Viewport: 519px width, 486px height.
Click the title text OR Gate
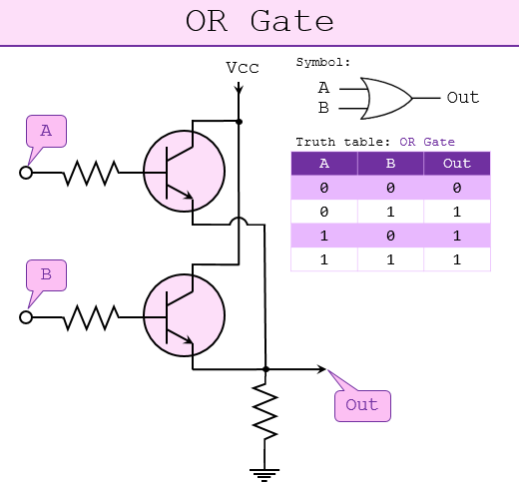pos(259,22)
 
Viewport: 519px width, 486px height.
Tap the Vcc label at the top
pos(241,68)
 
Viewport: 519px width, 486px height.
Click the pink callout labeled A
pos(46,131)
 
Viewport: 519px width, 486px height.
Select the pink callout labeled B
pos(46,273)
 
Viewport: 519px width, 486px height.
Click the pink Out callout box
pos(361,404)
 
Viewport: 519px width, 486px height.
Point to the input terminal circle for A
pos(26,174)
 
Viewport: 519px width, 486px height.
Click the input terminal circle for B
pos(26,317)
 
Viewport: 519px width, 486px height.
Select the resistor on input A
pos(90,174)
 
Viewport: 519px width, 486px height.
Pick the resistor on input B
pos(90,317)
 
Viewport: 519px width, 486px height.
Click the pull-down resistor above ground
pos(264,411)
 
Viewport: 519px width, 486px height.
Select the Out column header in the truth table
pos(456,164)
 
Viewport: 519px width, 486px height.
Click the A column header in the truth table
pos(323,164)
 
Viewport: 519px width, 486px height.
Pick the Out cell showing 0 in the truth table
pos(456,188)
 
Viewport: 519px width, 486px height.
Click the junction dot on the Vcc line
pos(240,121)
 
